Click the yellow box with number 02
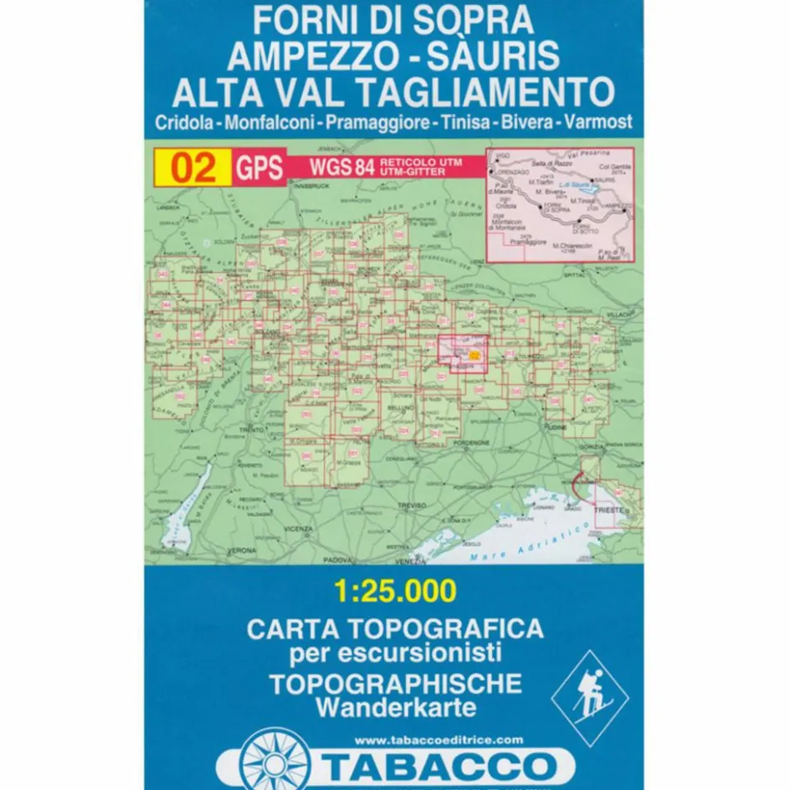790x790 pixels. coord(192,167)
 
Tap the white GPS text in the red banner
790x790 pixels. coord(258,167)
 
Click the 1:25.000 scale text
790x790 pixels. coord(395,591)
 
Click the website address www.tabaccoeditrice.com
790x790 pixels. coord(439,739)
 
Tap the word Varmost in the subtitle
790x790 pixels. coord(598,122)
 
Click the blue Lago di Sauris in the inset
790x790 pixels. coord(578,187)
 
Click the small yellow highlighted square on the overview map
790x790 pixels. coord(475,355)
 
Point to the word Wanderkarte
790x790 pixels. coord(397,707)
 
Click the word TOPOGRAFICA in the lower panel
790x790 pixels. coord(459,628)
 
